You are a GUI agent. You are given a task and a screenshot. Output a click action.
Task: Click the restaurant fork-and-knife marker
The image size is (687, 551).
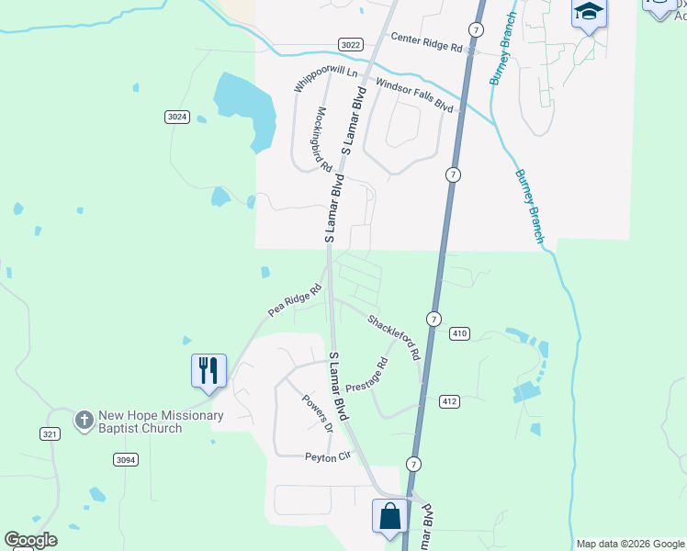208,370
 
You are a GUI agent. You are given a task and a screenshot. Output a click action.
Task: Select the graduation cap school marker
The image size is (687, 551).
588,13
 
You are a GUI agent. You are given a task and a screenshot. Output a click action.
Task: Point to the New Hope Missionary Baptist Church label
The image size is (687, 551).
161,422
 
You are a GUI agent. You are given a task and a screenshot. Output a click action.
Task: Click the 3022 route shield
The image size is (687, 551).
350,44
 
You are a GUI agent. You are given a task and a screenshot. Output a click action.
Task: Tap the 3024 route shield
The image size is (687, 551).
177,117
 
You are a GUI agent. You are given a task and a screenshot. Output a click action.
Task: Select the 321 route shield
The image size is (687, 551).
51,433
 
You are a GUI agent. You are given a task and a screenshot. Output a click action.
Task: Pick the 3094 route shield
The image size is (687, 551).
126,459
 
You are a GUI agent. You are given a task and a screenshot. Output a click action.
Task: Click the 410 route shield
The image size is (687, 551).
460,334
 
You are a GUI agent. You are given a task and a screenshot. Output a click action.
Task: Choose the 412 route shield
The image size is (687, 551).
449,401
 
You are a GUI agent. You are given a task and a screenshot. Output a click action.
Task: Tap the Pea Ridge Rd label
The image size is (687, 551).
295,300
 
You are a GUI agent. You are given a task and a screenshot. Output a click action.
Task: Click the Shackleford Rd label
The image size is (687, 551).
394,336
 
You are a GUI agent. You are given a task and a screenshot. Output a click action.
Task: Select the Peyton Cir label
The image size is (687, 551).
328,456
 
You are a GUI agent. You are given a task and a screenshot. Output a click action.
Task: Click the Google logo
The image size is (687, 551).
30,540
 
